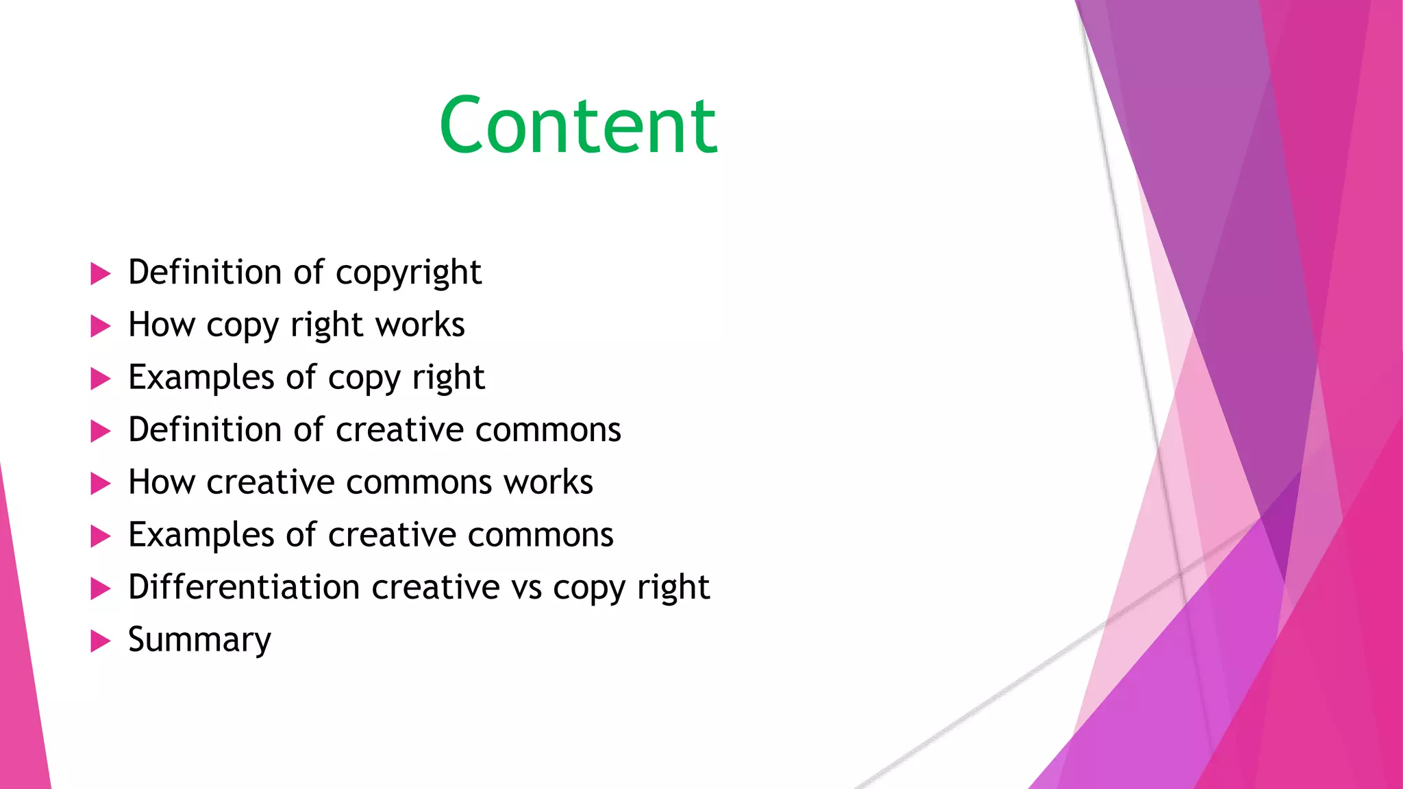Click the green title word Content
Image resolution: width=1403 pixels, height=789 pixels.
[578, 125]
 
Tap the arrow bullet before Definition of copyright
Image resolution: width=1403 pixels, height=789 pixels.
[100, 274]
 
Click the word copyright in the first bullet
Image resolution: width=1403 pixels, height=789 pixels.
[408, 273]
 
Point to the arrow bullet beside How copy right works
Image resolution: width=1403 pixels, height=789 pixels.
[100, 326]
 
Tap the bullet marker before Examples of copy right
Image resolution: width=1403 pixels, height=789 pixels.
[100, 379]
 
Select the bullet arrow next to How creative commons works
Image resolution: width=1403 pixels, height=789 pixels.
[100, 484]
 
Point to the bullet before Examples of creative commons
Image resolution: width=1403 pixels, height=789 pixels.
[100, 536]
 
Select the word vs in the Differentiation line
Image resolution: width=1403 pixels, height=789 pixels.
[527, 588]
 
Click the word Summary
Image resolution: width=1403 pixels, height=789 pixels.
[199, 640]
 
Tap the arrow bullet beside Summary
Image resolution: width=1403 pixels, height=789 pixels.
[100, 641]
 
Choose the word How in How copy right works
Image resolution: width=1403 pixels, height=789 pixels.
[162, 325]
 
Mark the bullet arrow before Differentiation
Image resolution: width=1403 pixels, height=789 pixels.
[100, 588]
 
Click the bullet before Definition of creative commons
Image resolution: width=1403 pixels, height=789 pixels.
[100, 431]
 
